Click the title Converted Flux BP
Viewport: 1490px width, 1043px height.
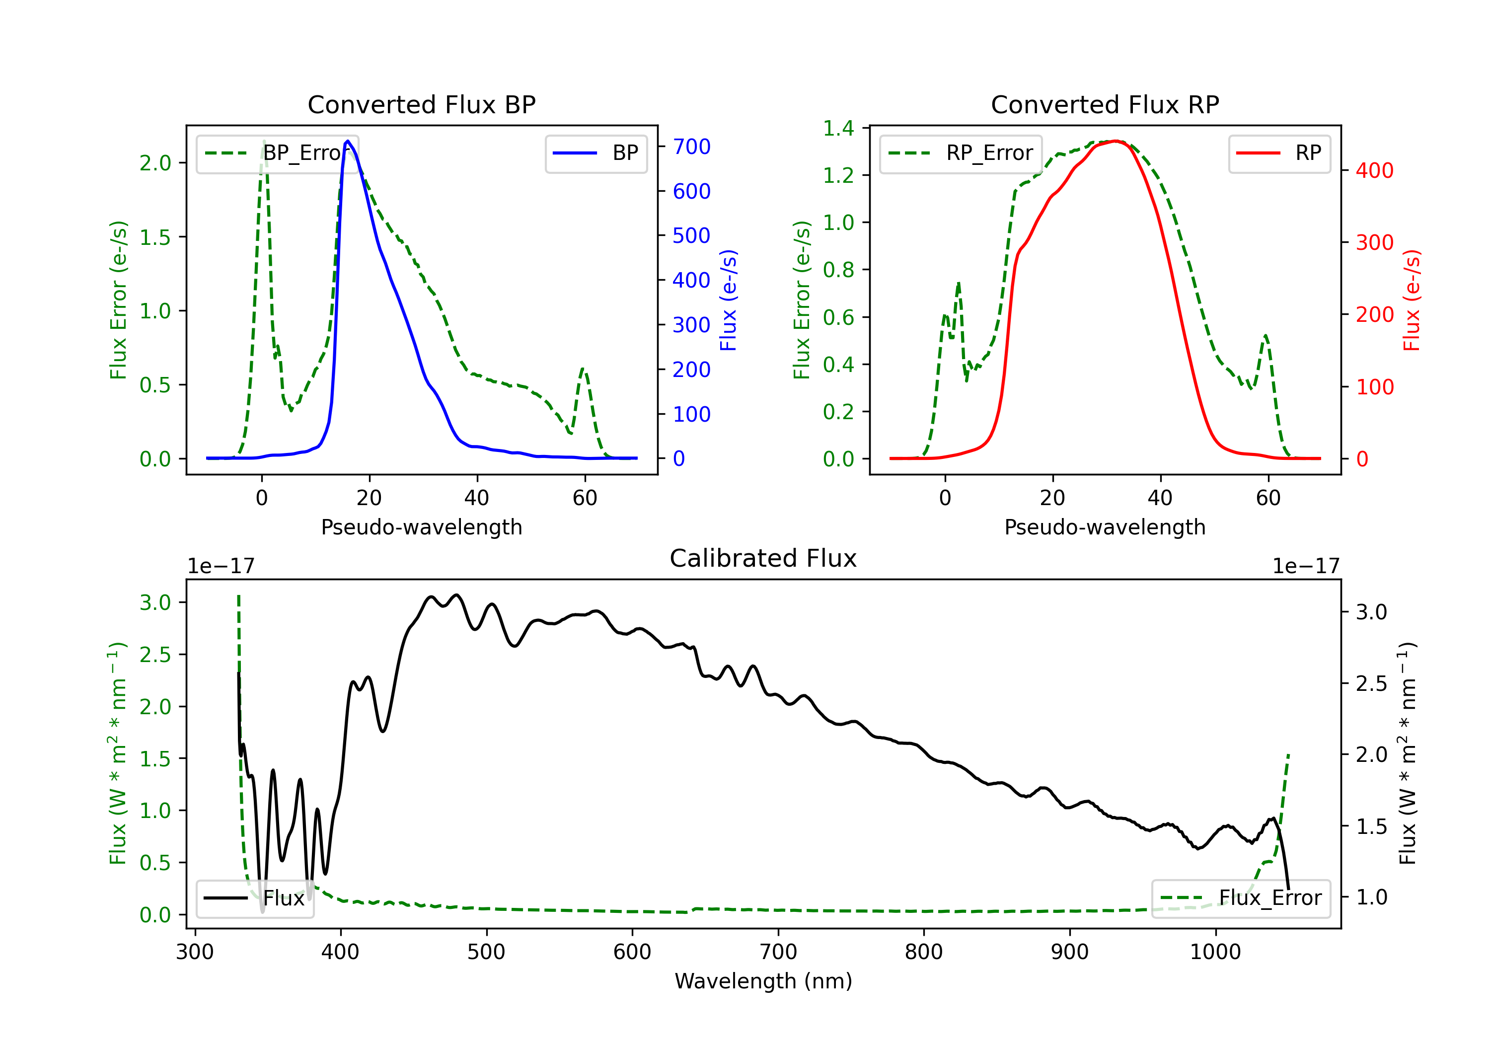pos(421,104)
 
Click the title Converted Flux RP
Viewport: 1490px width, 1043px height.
pos(1105,104)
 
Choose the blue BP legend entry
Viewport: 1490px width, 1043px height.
pos(596,153)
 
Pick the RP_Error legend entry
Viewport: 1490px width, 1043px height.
pos(961,153)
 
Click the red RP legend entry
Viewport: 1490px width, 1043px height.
pos(1279,153)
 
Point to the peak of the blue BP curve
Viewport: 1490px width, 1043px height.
pos(348,141)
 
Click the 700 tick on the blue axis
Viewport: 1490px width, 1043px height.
pos(691,147)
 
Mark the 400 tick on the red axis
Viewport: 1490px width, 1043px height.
pos(1374,171)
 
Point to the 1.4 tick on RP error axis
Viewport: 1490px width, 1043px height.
pos(838,129)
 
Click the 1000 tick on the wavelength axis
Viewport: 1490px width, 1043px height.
pos(1215,952)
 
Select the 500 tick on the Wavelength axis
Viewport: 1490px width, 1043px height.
pos(486,952)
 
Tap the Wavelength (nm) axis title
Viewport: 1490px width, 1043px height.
pos(763,981)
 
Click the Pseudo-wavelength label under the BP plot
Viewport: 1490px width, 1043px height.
pos(421,527)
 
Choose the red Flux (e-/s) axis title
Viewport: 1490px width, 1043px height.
pos(1411,300)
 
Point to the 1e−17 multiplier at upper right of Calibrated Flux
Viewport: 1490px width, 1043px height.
pos(1305,566)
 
